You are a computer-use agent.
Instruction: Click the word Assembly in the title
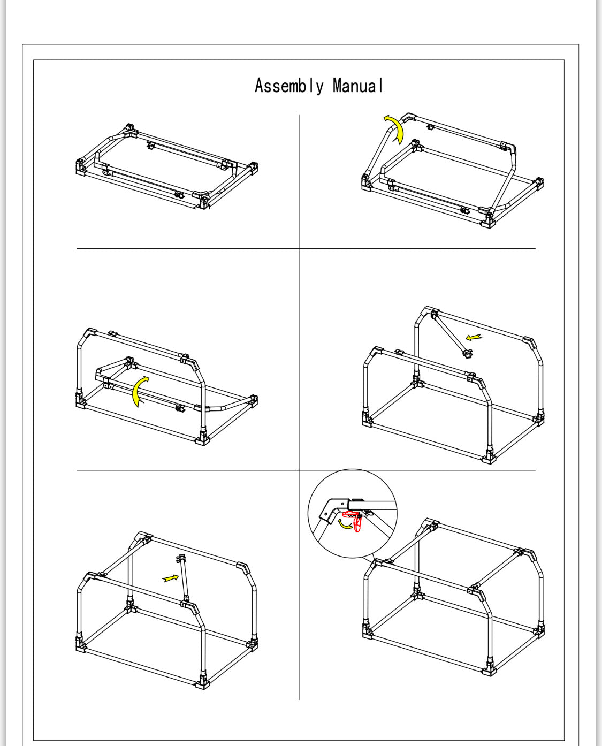click(x=289, y=86)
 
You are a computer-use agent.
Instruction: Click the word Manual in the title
click(x=357, y=86)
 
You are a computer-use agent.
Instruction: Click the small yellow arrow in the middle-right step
click(x=474, y=338)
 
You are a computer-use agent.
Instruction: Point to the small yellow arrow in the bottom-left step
click(x=171, y=578)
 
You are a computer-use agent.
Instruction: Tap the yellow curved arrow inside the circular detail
click(x=345, y=524)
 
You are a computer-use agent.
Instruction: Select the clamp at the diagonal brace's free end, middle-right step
click(x=468, y=354)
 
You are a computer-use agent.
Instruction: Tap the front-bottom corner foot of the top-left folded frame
click(x=202, y=203)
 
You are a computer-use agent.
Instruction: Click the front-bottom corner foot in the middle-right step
click(x=489, y=458)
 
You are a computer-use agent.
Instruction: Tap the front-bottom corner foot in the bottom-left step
click(x=202, y=682)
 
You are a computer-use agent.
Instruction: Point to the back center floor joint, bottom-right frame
click(x=418, y=593)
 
